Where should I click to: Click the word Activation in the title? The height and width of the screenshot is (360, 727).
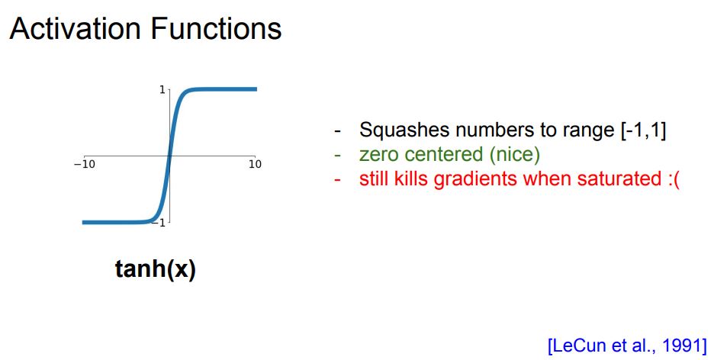tap(75, 28)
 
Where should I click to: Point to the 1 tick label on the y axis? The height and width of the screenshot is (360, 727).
tap(162, 89)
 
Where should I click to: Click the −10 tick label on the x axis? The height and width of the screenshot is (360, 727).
tap(85, 165)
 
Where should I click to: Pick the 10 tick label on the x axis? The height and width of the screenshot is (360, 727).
tap(255, 165)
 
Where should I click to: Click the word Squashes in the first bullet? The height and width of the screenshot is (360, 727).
tap(403, 131)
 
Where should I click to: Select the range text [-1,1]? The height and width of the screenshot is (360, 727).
tap(644, 131)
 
